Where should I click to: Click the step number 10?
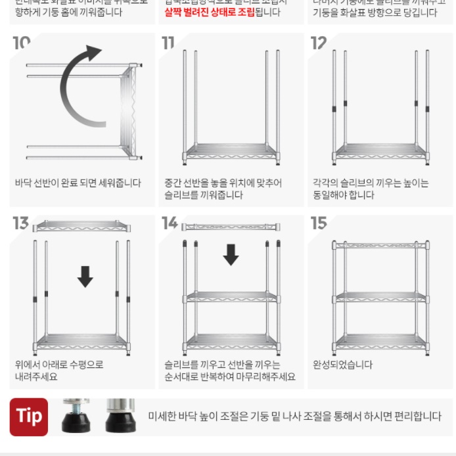click(21, 43)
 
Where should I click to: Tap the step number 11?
click(169, 43)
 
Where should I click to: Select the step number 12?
click(319, 43)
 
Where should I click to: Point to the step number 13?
click(21, 223)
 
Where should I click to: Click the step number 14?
click(170, 223)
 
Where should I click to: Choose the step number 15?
click(319, 223)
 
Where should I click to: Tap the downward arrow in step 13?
click(85, 277)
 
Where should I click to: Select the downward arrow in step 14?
click(231, 254)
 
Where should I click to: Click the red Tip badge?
click(29, 417)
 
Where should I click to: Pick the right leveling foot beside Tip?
click(120, 415)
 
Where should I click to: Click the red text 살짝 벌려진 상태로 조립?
click(209, 12)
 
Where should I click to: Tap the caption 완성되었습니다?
click(342, 365)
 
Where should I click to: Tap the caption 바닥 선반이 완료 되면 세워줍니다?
click(78, 183)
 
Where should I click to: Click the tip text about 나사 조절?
click(294, 417)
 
